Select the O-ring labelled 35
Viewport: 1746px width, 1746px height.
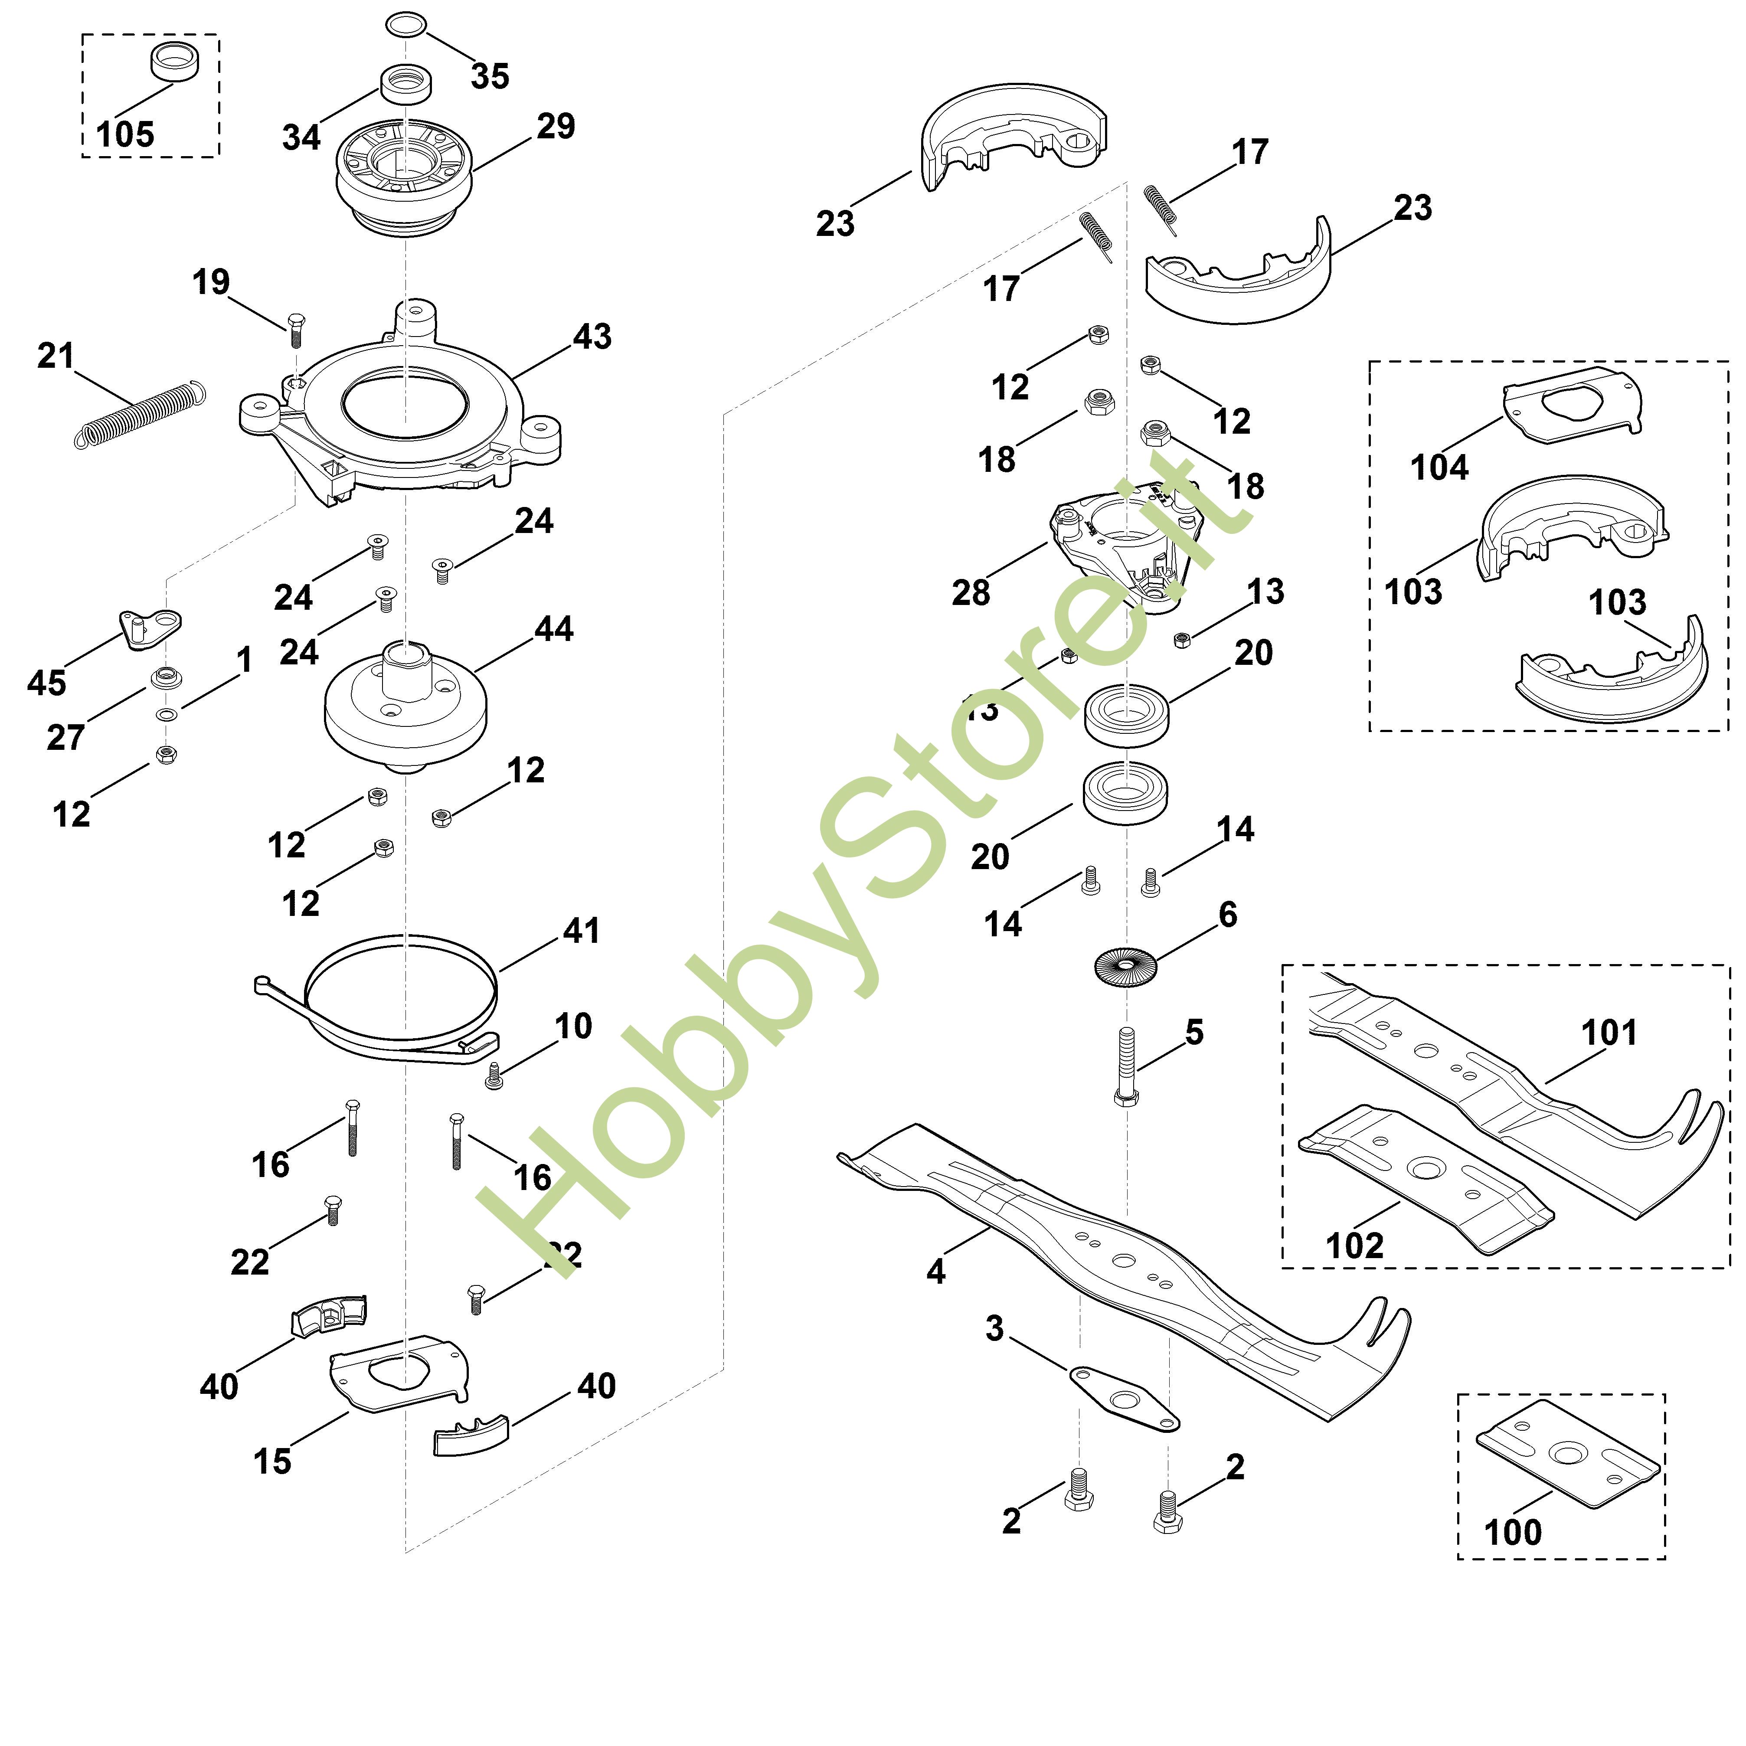(406, 24)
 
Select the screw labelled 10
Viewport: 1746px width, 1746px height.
(494, 1076)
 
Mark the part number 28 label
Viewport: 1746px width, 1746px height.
(971, 593)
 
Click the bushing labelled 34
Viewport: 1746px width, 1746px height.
(406, 85)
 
